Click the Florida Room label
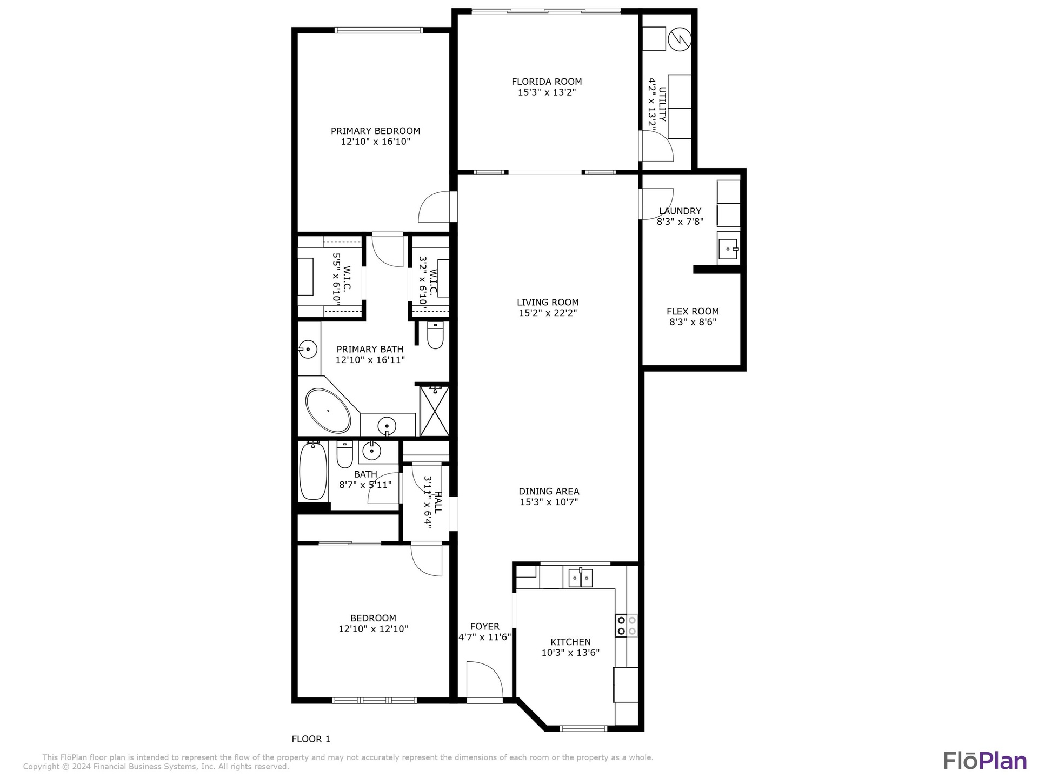coord(547,82)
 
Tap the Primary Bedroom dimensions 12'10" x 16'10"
coord(376,142)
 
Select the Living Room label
coord(548,302)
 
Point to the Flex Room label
coord(693,311)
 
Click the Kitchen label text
coord(570,642)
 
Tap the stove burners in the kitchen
coord(626,626)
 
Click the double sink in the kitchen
coord(581,578)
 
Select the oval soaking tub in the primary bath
coord(328,410)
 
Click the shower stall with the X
coord(435,410)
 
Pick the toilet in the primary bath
coord(435,335)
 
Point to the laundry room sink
coord(728,249)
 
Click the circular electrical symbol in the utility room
coord(680,39)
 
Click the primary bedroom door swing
coord(434,207)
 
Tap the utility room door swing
coord(656,146)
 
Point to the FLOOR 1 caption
coord(311,739)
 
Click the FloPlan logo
coord(985,760)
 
